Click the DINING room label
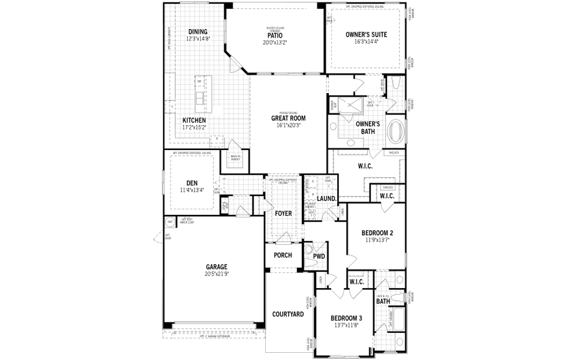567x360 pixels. [x=197, y=32]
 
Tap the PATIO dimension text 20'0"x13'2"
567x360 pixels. [x=275, y=43]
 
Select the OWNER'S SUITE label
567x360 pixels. [x=366, y=35]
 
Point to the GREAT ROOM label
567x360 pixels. [x=289, y=118]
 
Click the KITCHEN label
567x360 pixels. [x=194, y=120]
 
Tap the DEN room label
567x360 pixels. [x=192, y=183]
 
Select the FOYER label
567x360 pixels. [x=283, y=213]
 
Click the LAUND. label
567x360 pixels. [x=326, y=198]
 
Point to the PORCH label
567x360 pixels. [x=283, y=255]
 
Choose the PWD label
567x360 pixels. [x=319, y=256]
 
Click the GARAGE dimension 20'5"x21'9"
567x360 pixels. [x=217, y=274]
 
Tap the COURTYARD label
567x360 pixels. [x=287, y=314]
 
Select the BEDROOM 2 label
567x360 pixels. [x=377, y=233]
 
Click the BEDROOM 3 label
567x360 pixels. [x=346, y=318]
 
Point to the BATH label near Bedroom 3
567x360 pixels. [x=383, y=301]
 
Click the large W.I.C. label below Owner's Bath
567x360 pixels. [x=365, y=166]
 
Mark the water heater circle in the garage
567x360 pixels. [x=170, y=222]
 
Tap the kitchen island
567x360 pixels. [x=198, y=90]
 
